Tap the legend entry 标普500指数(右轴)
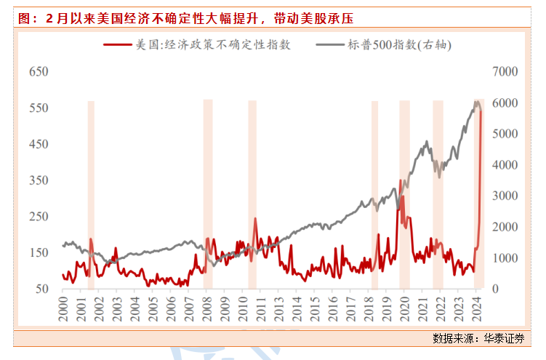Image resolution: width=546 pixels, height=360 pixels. point(396,45)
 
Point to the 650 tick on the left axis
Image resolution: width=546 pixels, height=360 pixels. point(38,72)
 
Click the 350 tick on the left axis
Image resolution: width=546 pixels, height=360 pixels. point(38,180)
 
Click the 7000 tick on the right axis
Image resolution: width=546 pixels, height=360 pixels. point(505,72)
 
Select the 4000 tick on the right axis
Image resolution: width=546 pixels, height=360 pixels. point(505,165)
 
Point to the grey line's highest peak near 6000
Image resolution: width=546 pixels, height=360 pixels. point(476,102)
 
